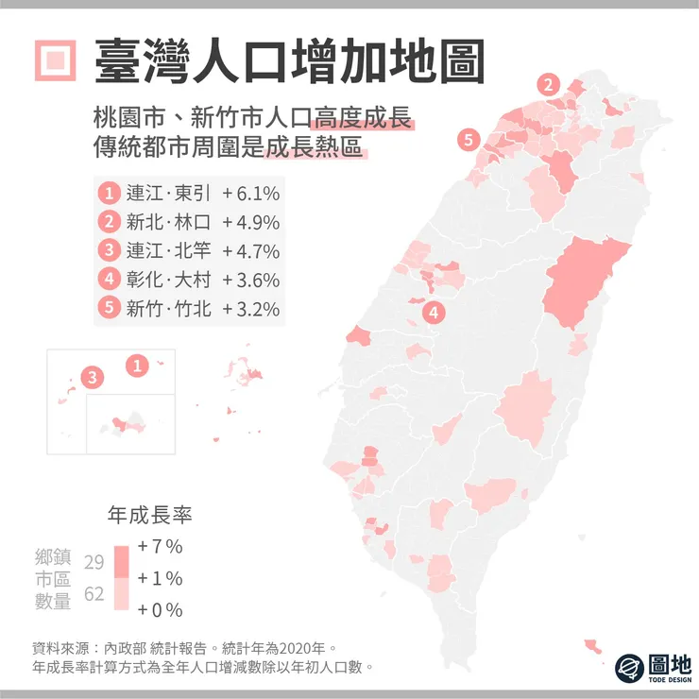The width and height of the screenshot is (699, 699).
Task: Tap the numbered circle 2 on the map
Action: [x=549, y=84]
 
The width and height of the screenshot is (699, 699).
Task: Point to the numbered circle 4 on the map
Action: [x=433, y=311]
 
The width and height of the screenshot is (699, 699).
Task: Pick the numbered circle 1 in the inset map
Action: [x=138, y=365]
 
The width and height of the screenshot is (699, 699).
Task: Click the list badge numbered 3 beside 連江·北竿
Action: [x=110, y=251]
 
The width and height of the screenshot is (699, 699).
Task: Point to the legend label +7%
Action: [x=160, y=547]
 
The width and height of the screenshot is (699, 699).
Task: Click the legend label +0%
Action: [x=160, y=609]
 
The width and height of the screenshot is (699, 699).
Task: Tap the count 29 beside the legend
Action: [x=93, y=562]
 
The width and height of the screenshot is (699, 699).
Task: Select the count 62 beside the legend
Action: [x=93, y=594]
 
